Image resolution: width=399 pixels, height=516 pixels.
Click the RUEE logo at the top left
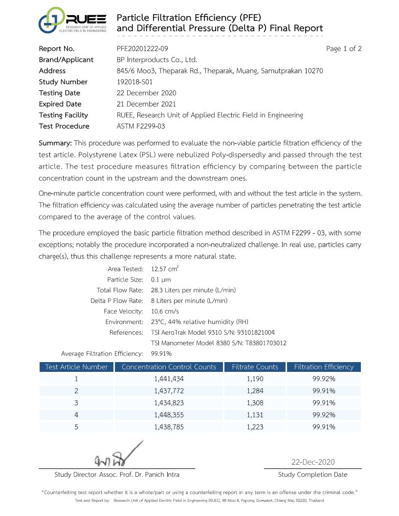(72, 21)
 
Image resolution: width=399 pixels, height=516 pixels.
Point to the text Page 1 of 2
(344, 49)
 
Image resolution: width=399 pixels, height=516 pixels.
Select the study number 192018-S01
(134, 82)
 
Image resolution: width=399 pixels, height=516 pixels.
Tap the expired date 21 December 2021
(146, 104)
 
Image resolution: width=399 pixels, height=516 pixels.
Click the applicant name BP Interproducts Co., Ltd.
(156, 60)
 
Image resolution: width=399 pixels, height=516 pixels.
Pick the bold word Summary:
(55, 143)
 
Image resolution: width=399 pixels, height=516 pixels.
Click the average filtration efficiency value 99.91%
(161, 353)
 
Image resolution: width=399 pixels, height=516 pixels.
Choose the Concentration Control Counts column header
(169, 367)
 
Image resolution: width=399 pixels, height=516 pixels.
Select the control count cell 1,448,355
(169, 415)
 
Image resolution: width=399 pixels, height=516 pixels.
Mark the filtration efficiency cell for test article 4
(324, 415)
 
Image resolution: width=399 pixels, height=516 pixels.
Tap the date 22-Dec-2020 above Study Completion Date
(313, 462)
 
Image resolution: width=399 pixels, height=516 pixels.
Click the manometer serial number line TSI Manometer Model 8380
(219, 343)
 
